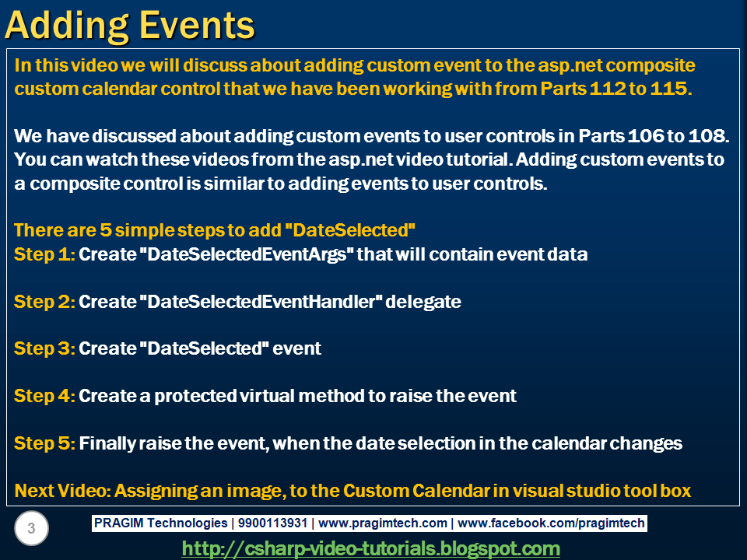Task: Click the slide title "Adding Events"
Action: [x=130, y=26]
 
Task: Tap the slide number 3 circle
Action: [x=31, y=528]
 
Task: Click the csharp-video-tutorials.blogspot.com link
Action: [x=370, y=549]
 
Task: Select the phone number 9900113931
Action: [x=272, y=523]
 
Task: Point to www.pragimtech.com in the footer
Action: [x=383, y=523]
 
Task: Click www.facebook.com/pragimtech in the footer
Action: [x=551, y=523]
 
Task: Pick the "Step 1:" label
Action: [x=45, y=254]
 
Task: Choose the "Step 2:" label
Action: [x=45, y=302]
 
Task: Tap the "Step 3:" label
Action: [x=45, y=348]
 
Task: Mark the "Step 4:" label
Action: [x=45, y=396]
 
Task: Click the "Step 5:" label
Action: [x=45, y=443]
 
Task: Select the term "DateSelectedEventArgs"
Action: [x=247, y=254]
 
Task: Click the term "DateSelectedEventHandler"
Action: [x=261, y=302]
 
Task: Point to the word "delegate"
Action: [x=423, y=302]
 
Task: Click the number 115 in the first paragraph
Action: [x=671, y=89]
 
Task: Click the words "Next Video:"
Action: [x=62, y=491]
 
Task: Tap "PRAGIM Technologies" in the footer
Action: [x=160, y=523]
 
